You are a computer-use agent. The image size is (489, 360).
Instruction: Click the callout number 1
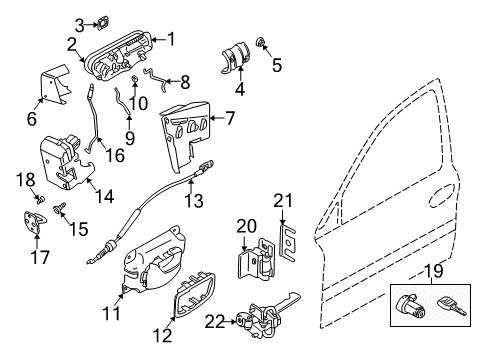click(x=171, y=39)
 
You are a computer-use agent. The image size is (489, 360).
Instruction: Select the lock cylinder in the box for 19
click(x=415, y=305)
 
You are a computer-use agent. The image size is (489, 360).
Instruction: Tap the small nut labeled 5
click(x=263, y=41)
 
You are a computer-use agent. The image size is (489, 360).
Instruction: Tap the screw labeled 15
click(x=59, y=208)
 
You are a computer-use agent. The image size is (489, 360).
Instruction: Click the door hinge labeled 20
click(x=253, y=264)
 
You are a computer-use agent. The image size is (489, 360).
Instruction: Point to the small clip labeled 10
click(x=134, y=81)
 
